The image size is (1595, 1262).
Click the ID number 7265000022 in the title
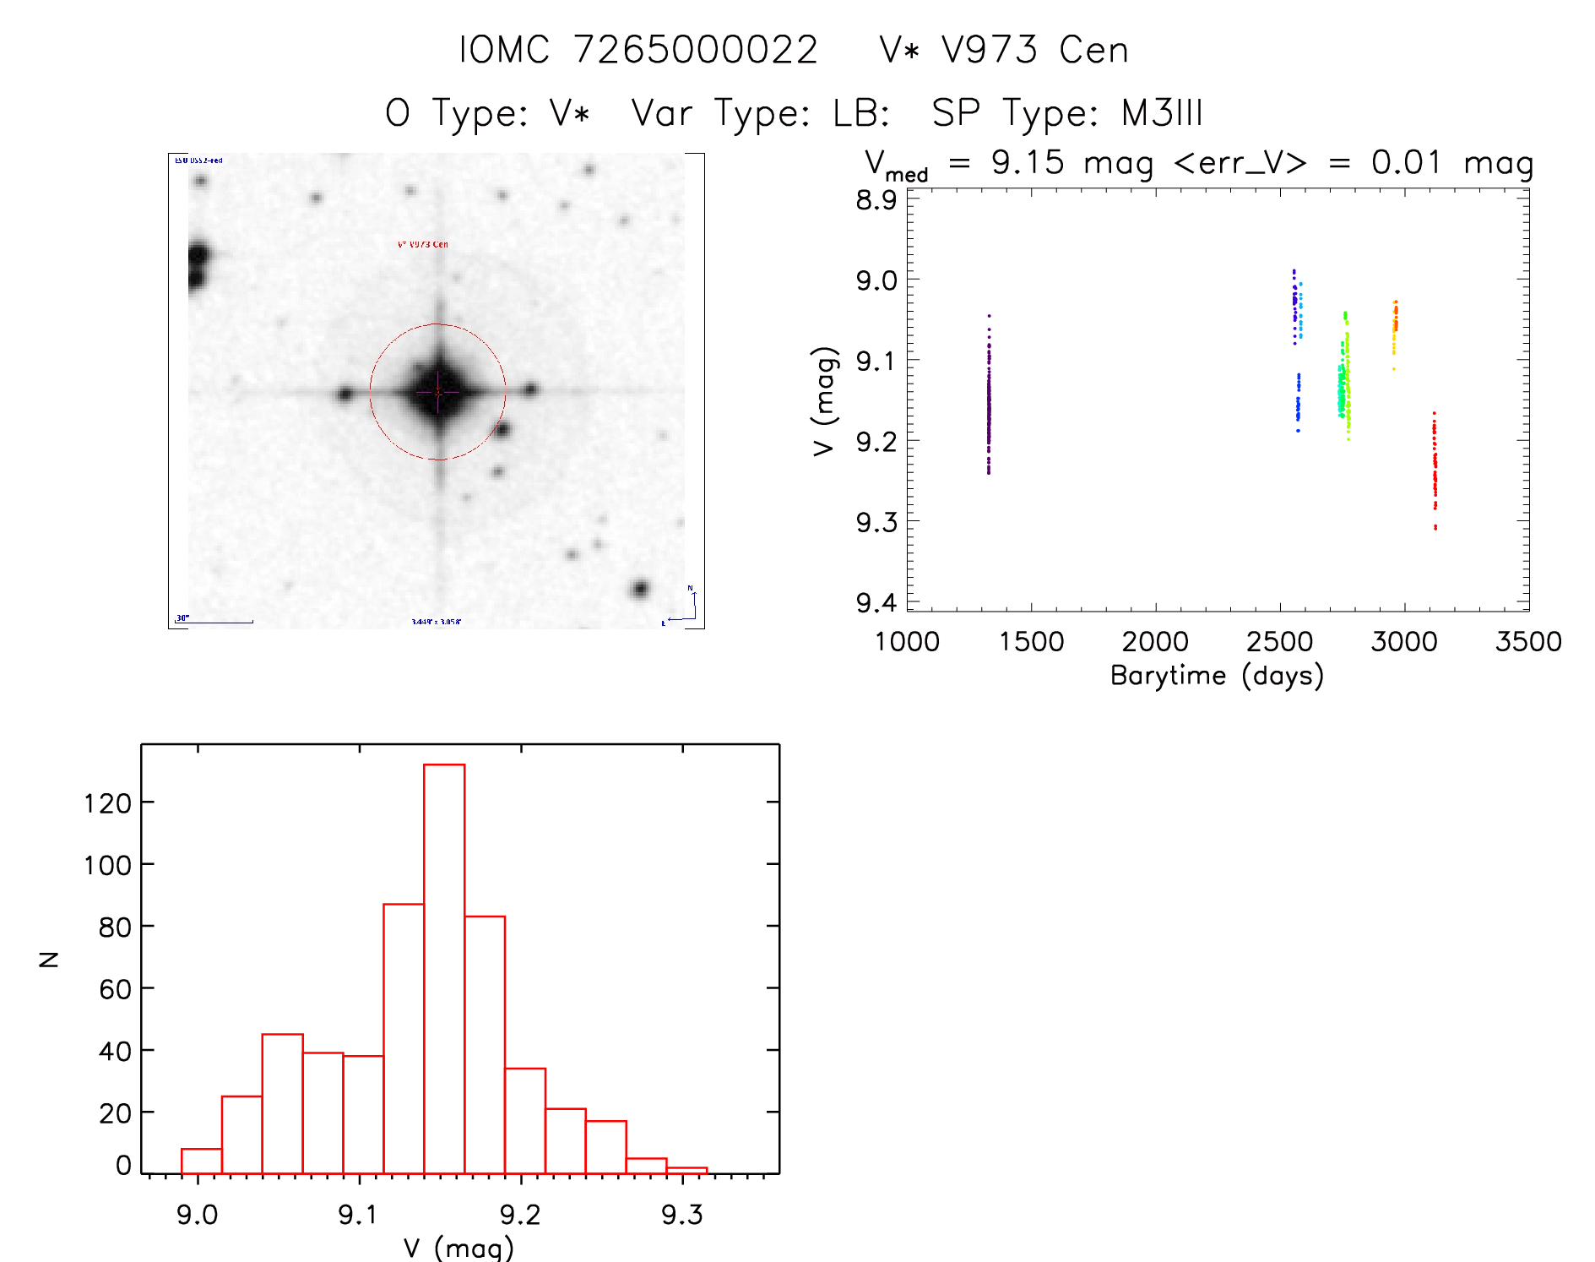[x=696, y=50]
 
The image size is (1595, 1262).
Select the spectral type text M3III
[x=1162, y=113]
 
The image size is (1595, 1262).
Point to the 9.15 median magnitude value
[x=1028, y=162]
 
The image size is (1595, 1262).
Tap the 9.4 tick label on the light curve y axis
[x=876, y=602]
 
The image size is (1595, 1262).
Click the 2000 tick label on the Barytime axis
[x=1155, y=642]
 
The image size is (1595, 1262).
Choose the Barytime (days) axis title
[x=1217, y=676]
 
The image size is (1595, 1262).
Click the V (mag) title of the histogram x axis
[x=458, y=1248]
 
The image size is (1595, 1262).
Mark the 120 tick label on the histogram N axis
[x=108, y=802]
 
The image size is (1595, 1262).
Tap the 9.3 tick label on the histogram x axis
[x=682, y=1215]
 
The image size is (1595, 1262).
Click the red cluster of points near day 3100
[x=1435, y=469]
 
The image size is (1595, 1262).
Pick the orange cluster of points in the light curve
[x=1395, y=325]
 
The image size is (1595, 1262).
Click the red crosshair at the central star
[x=438, y=392]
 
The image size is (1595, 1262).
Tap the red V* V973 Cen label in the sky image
[x=423, y=244]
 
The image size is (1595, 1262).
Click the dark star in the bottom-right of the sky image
[x=640, y=589]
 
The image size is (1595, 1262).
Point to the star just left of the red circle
[x=344, y=394]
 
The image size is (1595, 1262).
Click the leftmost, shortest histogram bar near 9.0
[x=202, y=1161]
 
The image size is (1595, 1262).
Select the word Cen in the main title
[x=1093, y=50]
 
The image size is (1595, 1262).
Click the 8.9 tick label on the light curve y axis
[x=876, y=200]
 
